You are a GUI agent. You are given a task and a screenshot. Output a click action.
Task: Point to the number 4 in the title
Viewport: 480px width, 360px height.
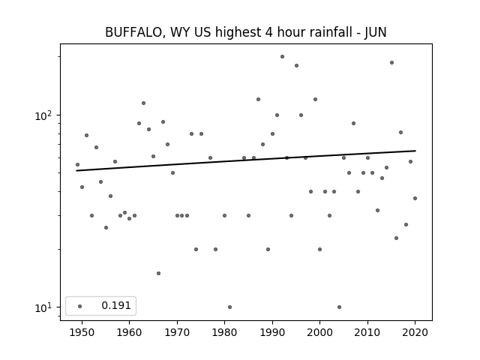click(268, 32)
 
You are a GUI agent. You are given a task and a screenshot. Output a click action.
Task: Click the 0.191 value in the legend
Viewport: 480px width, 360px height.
click(116, 305)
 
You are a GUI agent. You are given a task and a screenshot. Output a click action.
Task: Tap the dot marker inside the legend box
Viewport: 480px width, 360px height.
click(80, 306)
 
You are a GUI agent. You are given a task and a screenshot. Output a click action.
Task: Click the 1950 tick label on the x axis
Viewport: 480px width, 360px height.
click(82, 333)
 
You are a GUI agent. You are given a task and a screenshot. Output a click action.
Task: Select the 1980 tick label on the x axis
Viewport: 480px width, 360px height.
click(224, 333)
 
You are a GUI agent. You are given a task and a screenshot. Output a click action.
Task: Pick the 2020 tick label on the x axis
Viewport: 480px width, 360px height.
click(415, 333)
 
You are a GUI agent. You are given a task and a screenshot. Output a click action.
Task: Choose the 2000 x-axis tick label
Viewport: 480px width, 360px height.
click(320, 333)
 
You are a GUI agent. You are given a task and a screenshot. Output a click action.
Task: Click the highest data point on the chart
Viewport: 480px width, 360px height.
click(282, 57)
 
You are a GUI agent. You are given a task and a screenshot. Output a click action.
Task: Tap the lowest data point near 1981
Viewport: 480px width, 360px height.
click(230, 307)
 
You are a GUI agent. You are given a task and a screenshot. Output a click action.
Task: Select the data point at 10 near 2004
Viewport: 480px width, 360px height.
click(339, 307)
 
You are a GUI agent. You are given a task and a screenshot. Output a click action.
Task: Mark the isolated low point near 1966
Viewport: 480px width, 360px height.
click(158, 273)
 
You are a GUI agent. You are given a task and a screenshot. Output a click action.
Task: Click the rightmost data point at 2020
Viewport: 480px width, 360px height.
click(415, 198)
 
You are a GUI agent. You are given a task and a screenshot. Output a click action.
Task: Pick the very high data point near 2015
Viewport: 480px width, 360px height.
click(391, 63)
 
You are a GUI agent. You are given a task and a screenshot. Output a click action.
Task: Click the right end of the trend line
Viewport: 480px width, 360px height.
click(415, 151)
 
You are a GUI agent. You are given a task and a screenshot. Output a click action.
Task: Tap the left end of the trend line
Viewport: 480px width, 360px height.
click(76, 170)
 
